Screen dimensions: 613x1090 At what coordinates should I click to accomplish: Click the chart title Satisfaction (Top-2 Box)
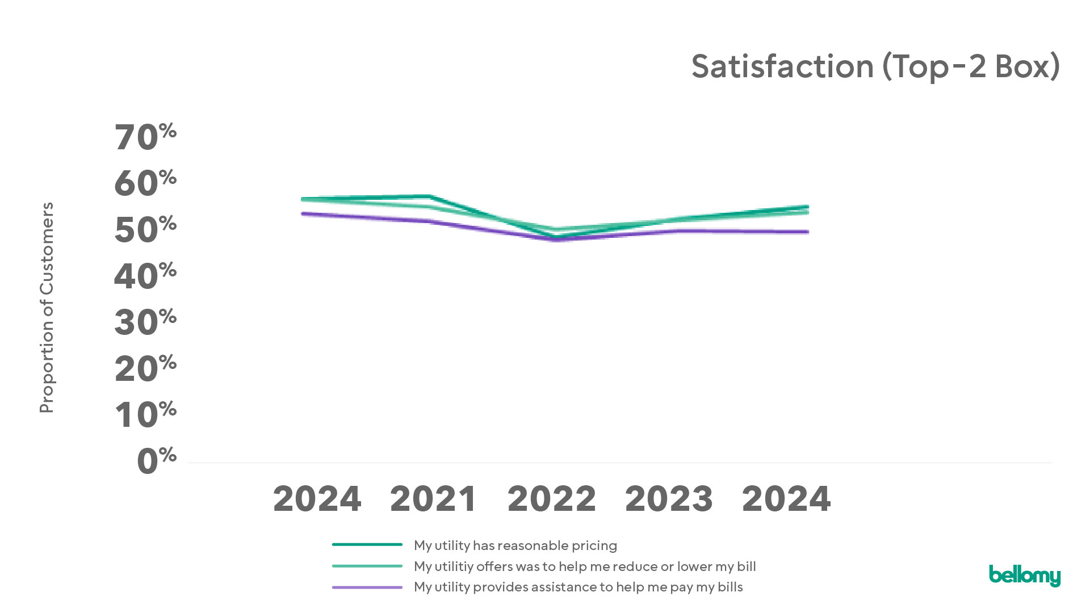click(x=875, y=67)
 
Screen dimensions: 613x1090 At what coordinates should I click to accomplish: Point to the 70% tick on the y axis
click(x=145, y=137)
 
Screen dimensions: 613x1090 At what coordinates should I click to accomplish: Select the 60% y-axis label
click(x=145, y=183)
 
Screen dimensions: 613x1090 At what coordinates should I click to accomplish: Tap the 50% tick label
click(x=145, y=230)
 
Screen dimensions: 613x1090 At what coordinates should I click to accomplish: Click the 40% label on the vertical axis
click(x=145, y=276)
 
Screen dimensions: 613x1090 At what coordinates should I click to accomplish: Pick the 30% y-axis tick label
click(x=145, y=322)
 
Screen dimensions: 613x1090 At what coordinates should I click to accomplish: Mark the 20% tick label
click(x=145, y=369)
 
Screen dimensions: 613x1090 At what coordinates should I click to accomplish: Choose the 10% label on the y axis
click(x=145, y=415)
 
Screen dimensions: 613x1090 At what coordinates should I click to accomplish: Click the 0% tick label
click(x=157, y=461)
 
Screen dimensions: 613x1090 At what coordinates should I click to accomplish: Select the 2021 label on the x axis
click(x=434, y=499)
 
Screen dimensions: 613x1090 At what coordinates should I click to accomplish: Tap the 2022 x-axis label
click(x=552, y=499)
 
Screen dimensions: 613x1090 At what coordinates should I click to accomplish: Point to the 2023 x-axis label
click(x=669, y=499)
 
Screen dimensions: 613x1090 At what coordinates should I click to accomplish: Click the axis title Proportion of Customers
click(x=47, y=308)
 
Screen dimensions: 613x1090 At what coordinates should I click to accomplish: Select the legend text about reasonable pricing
click(x=515, y=545)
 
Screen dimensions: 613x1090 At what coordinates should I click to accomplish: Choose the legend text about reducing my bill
click(x=585, y=566)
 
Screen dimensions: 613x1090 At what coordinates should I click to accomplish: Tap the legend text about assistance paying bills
click(x=578, y=587)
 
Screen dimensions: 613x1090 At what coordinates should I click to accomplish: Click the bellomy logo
click(x=1024, y=576)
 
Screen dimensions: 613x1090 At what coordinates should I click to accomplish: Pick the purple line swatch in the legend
click(x=367, y=587)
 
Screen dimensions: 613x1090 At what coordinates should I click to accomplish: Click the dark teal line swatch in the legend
click(x=367, y=544)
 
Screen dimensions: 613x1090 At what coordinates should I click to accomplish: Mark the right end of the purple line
click(x=807, y=232)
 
